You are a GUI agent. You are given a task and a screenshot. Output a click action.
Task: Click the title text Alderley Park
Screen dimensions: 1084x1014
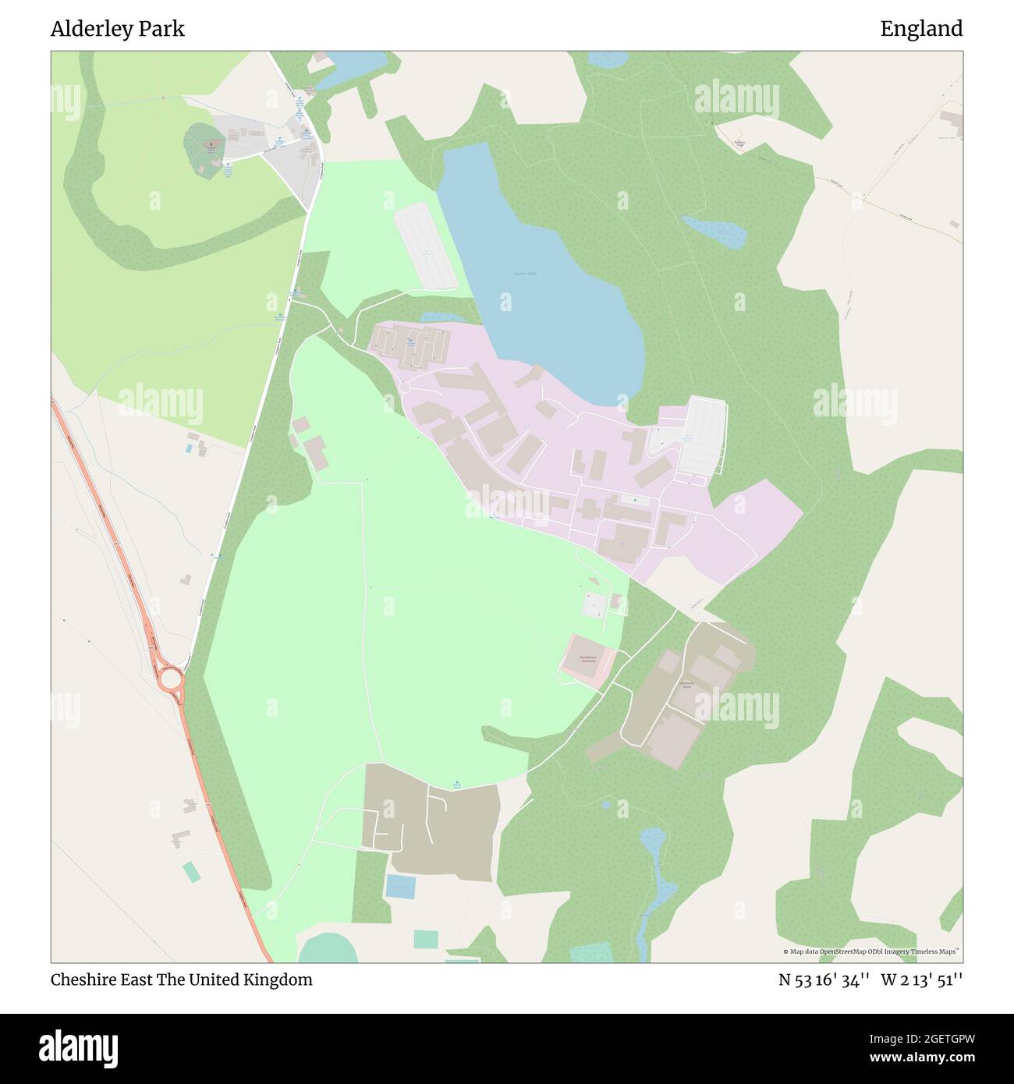point(118,29)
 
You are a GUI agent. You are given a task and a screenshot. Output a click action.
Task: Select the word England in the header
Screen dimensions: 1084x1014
point(921,29)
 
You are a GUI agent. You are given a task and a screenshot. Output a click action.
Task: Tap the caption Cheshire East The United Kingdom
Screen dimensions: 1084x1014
point(182,979)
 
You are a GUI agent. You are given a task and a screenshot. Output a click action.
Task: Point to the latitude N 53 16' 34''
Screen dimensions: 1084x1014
point(824,979)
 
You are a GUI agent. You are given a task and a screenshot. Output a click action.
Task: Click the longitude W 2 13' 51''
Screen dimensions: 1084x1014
point(922,979)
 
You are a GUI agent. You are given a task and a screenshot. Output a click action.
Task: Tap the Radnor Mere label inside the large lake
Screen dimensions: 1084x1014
point(525,274)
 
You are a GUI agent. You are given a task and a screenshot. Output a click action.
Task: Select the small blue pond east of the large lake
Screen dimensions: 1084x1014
point(714,232)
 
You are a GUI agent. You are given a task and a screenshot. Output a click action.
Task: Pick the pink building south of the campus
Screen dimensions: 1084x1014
point(586,661)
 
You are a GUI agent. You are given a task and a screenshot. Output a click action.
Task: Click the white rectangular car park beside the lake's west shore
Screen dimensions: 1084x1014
point(425,246)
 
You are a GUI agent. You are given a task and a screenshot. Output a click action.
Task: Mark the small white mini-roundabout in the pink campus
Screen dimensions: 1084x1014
point(404,387)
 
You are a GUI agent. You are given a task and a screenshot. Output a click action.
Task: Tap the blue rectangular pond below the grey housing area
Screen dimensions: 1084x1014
point(401,886)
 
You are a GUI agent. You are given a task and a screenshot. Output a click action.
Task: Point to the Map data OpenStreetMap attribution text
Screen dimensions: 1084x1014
point(872,951)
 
